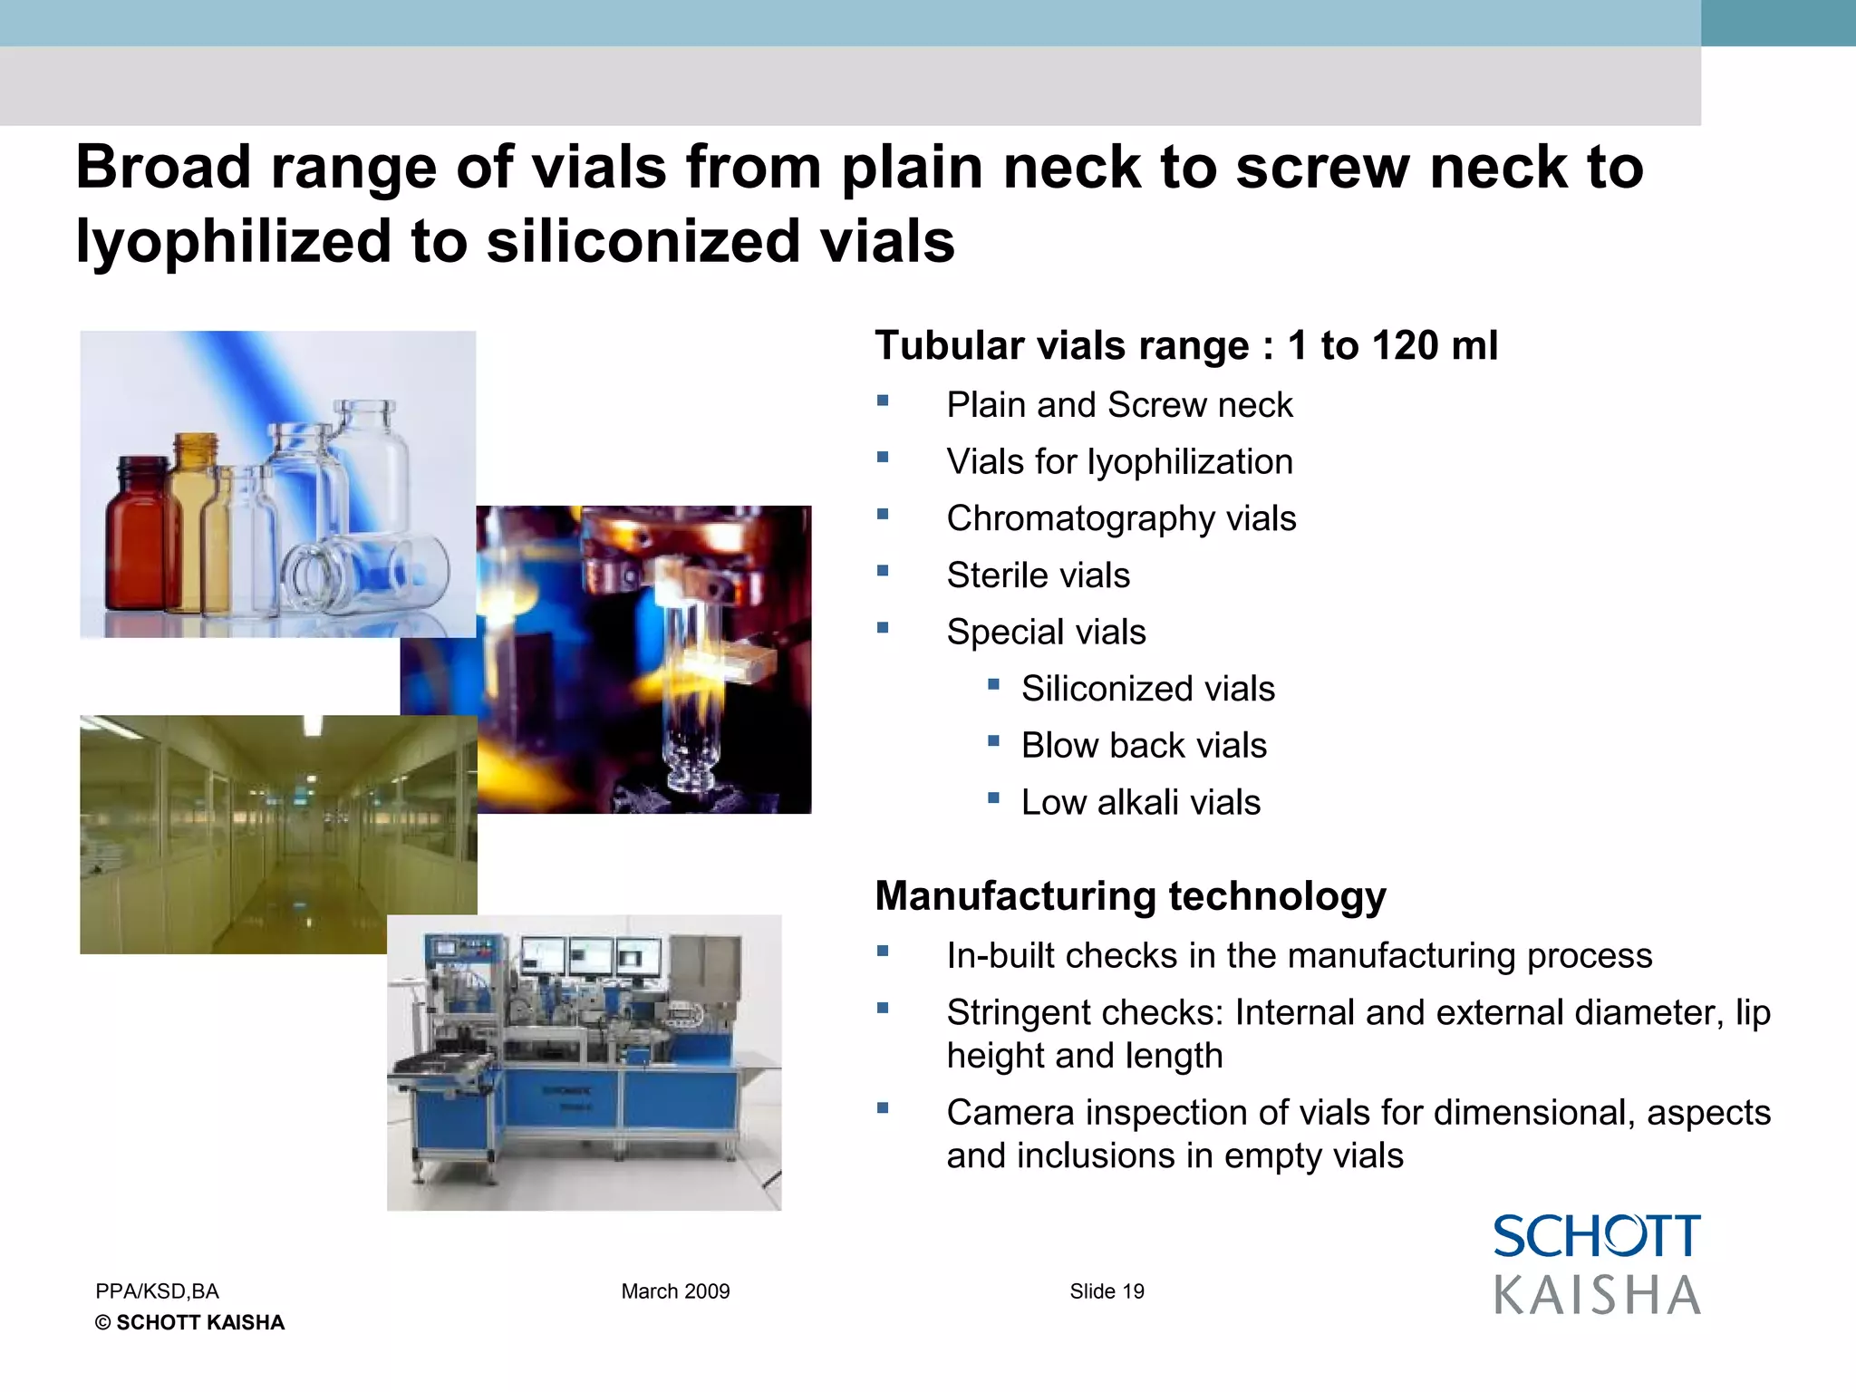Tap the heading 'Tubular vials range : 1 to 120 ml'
point(1185,346)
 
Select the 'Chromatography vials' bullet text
point(1121,518)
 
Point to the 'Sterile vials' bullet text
point(1038,575)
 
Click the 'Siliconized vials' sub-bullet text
point(1147,689)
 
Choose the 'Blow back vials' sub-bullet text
point(1144,746)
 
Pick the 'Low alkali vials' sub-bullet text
point(1140,803)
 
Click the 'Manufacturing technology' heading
point(1130,896)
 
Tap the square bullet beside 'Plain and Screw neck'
point(883,401)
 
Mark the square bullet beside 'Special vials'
point(883,627)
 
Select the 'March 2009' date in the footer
point(675,1291)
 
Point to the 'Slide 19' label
point(1107,1291)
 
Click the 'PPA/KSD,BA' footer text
point(157,1291)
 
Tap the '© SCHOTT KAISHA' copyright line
point(189,1323)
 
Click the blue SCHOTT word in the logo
point(1596,1237)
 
